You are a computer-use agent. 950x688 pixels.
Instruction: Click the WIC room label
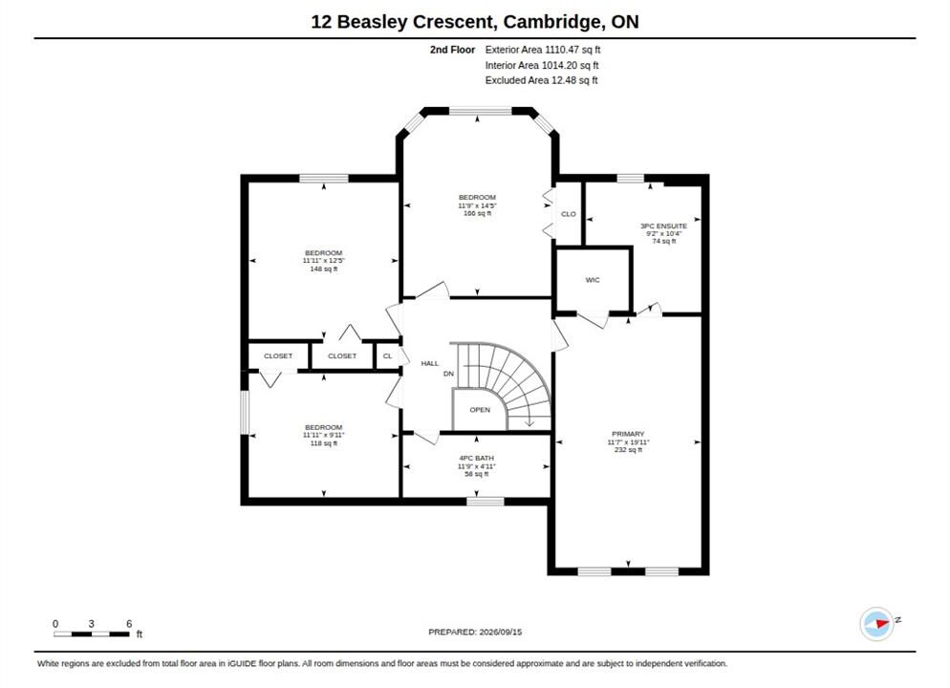[593, 280]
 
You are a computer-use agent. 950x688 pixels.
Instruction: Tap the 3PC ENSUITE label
[664, 226]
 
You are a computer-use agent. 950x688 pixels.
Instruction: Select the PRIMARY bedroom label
[628, 434]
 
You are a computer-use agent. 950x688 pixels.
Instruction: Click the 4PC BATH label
[476, 458]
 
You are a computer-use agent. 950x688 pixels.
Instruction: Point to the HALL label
[429, 363]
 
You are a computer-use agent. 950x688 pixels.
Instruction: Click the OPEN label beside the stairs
[480, 409]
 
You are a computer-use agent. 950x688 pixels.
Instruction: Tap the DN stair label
[448, 374]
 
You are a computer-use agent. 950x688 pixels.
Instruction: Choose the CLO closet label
[569, 214]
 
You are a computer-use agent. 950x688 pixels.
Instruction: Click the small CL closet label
[388, 356]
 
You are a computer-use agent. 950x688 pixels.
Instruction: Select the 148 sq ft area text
[324, 269]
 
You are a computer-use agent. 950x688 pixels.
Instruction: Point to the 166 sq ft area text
[478, 213]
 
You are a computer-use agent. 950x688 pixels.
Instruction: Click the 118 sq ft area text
[324, 443]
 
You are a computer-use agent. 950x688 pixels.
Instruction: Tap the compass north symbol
[876, 623]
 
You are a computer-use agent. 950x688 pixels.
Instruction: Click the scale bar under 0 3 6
[92, 634]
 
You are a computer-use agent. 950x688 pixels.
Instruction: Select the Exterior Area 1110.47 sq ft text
[543, 50]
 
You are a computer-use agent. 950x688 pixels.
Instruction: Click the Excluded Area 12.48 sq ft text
[542, 80]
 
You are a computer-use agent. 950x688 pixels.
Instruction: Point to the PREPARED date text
[475, 632]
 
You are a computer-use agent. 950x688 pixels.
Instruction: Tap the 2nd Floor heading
[453, 50]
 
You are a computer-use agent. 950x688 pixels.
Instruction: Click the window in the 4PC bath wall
[486, 502]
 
